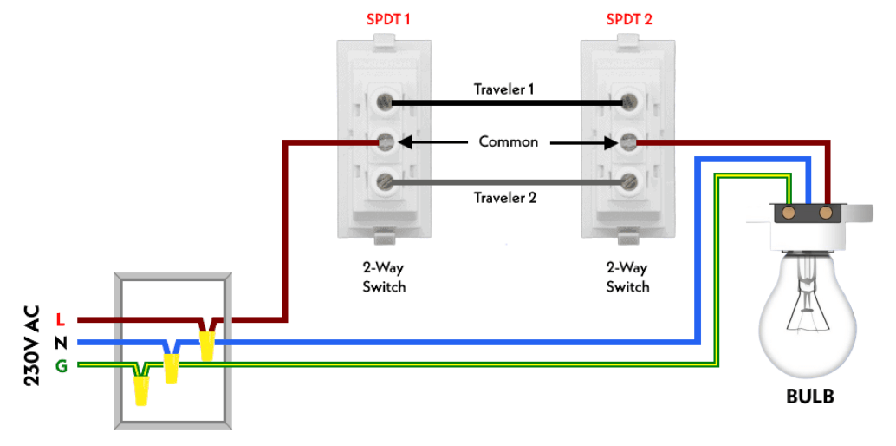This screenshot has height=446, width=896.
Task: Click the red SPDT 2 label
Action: [628, 19]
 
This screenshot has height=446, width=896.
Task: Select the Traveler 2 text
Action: [505, 198]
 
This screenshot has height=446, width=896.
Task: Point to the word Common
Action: [509, 141]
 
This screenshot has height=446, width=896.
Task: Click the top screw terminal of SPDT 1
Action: [384, 103]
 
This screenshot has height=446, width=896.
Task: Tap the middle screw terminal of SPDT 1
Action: [384, 141]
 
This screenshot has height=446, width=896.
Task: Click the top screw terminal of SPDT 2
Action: [628, 103]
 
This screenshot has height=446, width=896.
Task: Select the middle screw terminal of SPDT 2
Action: [628, 141]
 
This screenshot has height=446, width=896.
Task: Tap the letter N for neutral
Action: [60, 343]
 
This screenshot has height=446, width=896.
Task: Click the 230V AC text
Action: [29, 342]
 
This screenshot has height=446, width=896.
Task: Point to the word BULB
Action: [809, 397]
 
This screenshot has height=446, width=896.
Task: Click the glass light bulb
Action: [809, 312]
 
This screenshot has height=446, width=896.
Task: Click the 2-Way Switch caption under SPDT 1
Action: [384, 277]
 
